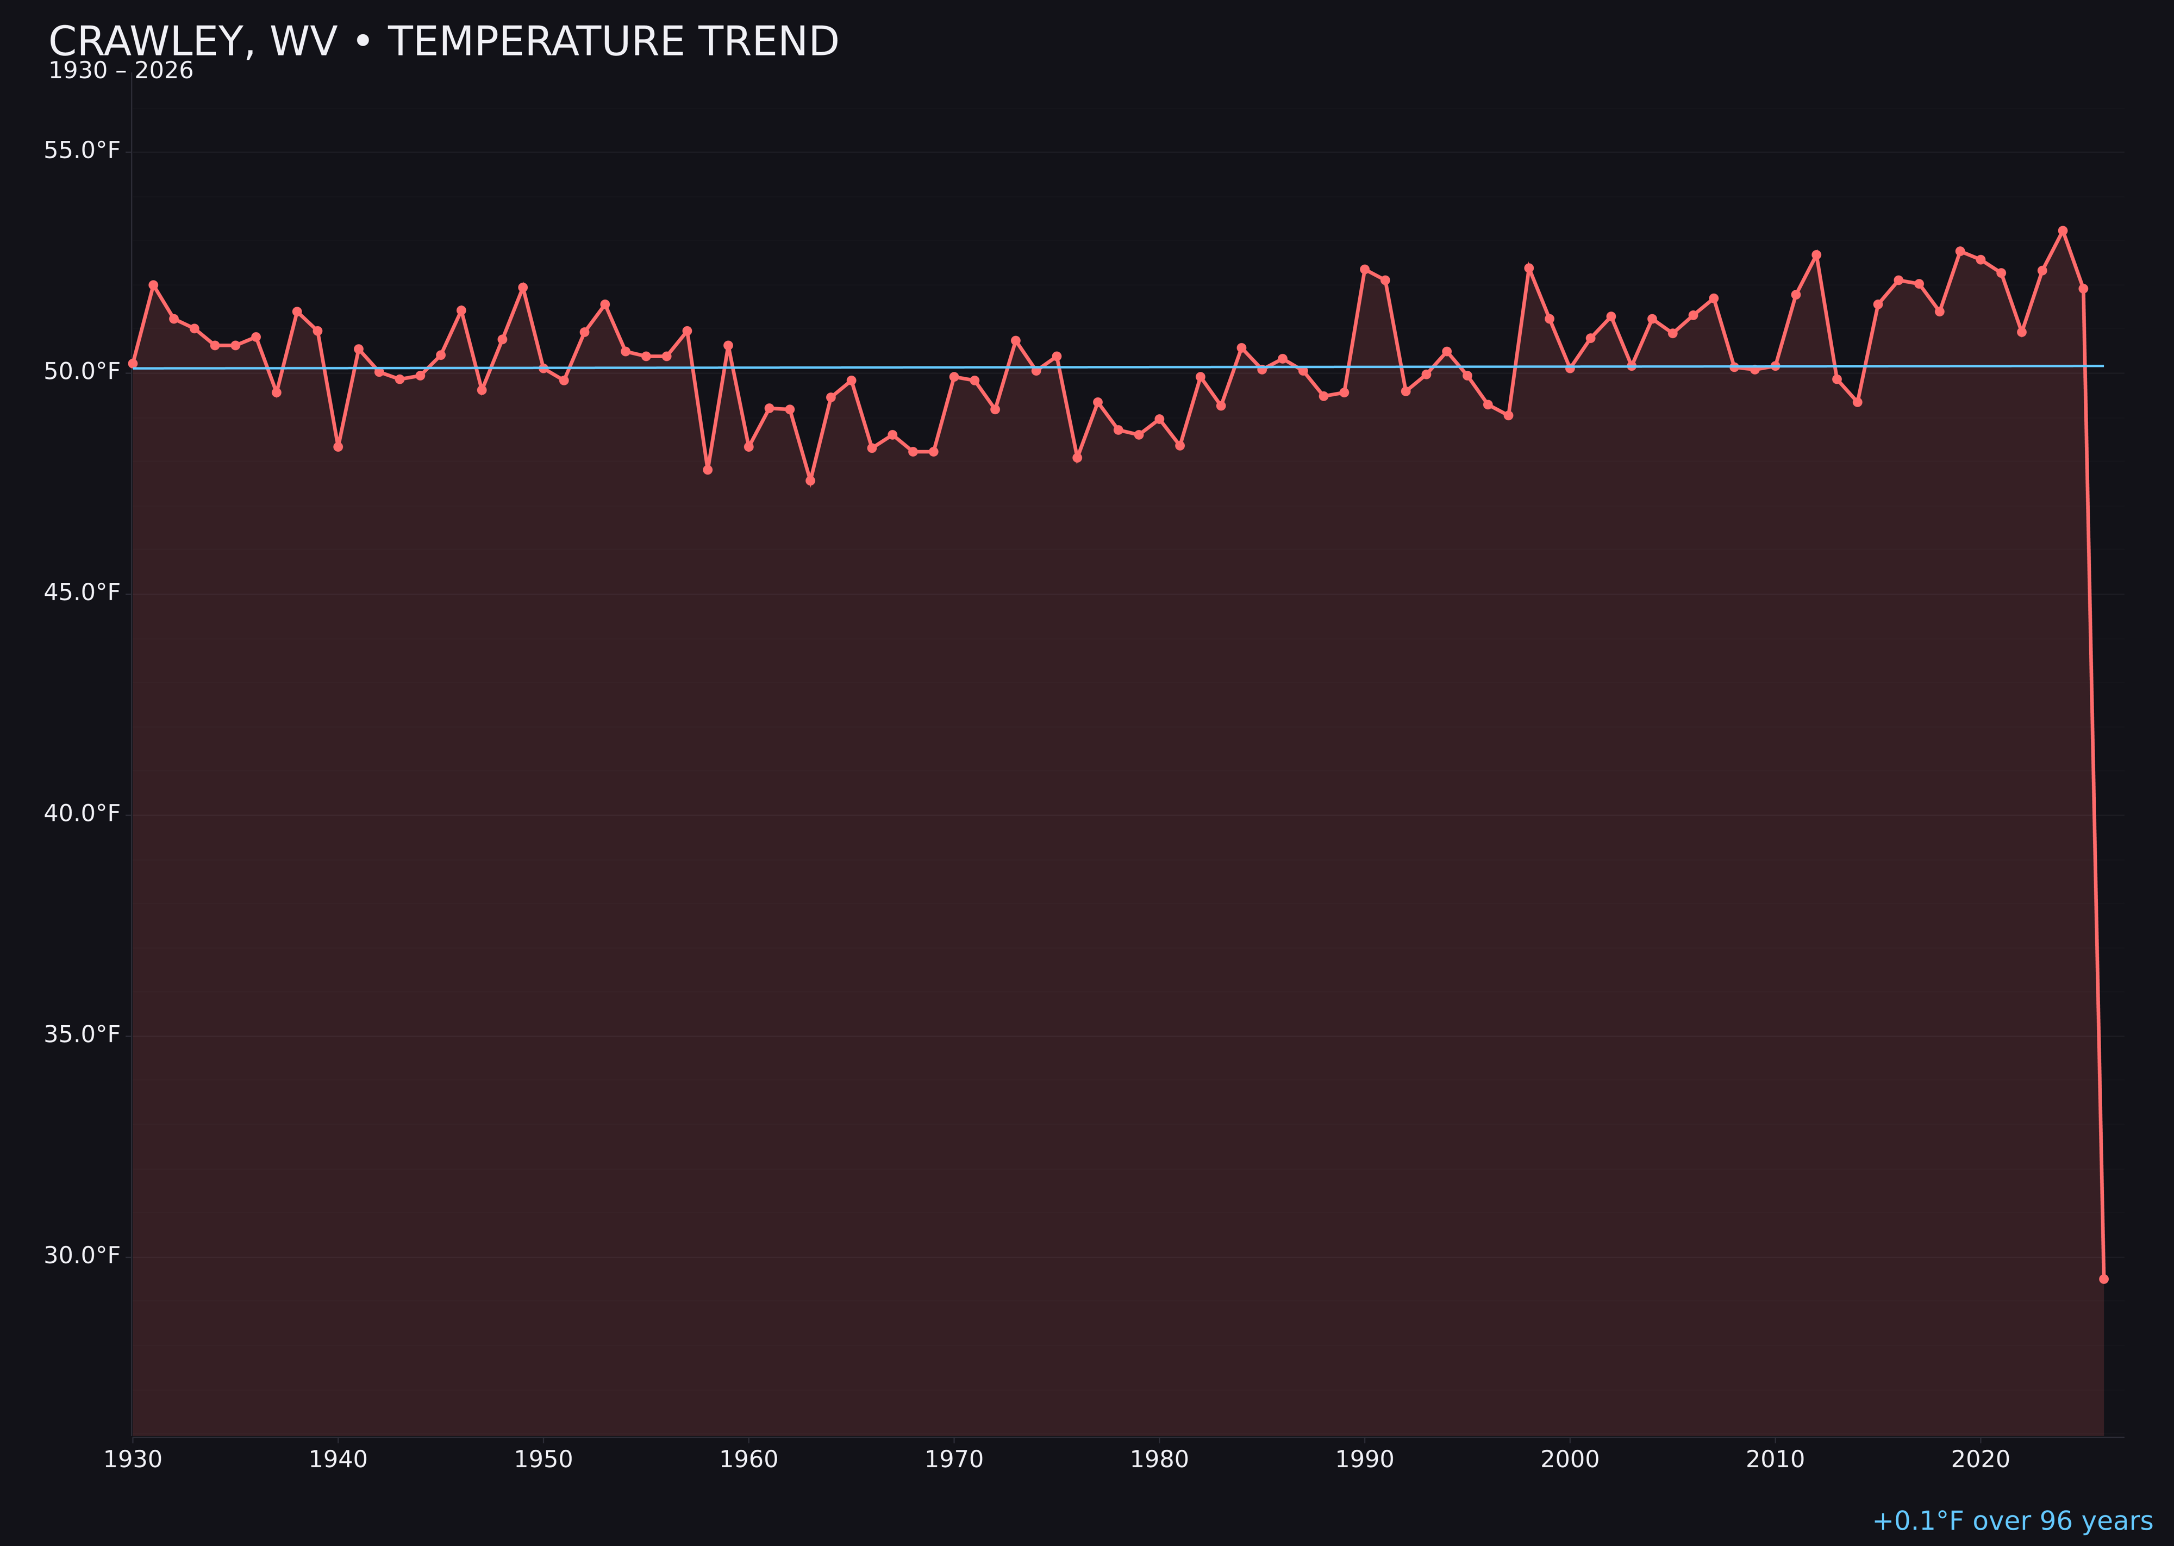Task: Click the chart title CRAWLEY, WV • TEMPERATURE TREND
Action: (x=443, y=42)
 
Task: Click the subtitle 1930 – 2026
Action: (x=121, y=71)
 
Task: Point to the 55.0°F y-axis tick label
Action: (x=82, y=151)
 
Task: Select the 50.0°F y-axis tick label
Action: (x=82, y=371)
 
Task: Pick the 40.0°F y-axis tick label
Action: (x=82, y=814)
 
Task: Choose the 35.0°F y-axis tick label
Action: (x=82, y=1035)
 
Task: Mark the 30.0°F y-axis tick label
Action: (x=82, y=1256)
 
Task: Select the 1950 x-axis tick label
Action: (x=543, y=1460)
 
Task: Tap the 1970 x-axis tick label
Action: (x=954, y=1460)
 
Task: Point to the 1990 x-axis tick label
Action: (x=1365, y=1460)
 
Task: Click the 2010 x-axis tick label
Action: (x=1775, y=1460)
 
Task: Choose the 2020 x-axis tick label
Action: (x=1981, y=1460)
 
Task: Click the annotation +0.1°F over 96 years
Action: (x=2012, y=1521)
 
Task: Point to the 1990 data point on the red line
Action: (x=1365, y=270)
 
